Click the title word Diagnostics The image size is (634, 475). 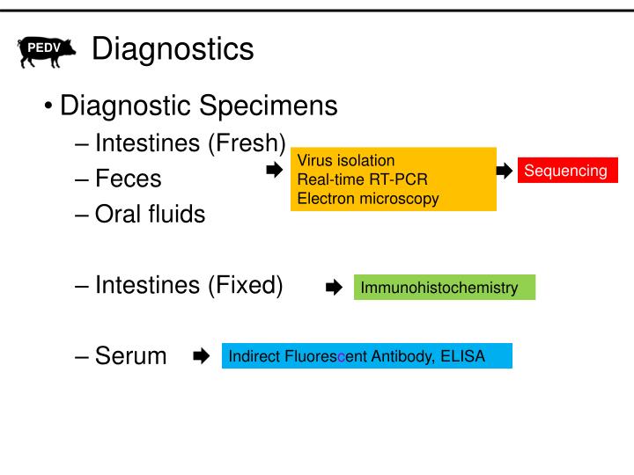click(x=173, y=49)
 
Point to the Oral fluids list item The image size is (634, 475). click(x=150, y=214)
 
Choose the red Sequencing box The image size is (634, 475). click(x=566, y=171)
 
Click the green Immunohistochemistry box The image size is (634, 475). click(x=444, y=287)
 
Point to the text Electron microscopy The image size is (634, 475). click(x=368, y=198)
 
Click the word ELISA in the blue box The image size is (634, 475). click(x=465, y=356)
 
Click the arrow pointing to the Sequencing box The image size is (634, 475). click(x=505, y=171)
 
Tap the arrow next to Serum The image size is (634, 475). click(x=201, y=356)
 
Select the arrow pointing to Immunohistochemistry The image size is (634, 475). click(x=334, y=287)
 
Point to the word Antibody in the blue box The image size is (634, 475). click(x=398, y=356)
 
